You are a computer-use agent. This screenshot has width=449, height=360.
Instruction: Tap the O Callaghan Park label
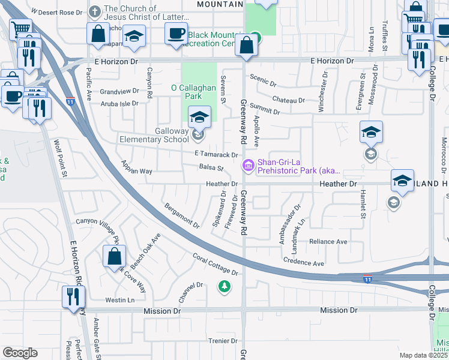point(193,92)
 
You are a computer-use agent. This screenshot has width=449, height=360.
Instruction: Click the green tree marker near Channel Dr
point(224,287)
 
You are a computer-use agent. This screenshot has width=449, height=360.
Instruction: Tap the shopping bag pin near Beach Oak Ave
point(114,257)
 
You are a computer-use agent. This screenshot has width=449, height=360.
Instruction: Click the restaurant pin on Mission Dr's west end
point(74,297)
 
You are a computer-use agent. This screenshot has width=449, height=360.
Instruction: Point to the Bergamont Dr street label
point(182,216)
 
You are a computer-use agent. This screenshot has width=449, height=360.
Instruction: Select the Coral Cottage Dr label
point(215,265)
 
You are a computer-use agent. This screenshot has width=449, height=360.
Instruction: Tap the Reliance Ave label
point(328,242)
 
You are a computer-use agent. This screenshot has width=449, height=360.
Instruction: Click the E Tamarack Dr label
point(216,155)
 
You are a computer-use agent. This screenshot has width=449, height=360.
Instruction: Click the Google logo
point(20,353)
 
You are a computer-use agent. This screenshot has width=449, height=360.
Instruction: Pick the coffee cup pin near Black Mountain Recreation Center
point(176,34)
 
